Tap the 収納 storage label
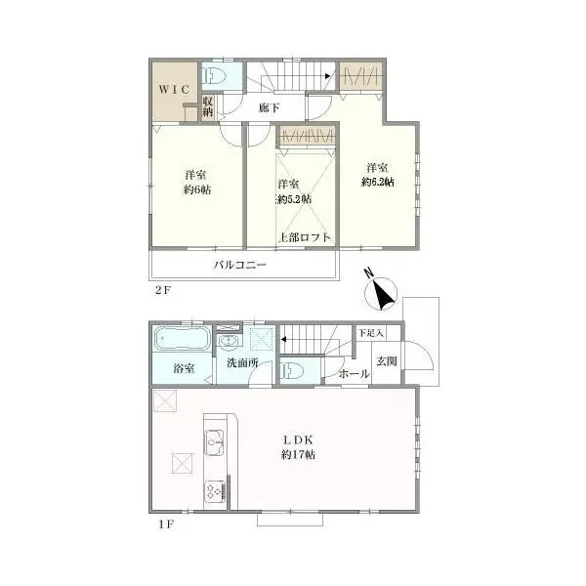(x=208, y=105)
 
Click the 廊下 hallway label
(x=271, y=107)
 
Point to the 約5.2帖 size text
(x=293, y=199)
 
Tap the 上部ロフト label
(x=304, y=237)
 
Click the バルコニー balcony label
(x=240, y=265)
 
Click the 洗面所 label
(x=242, y=363)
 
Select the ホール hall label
(x=354, y=373)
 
